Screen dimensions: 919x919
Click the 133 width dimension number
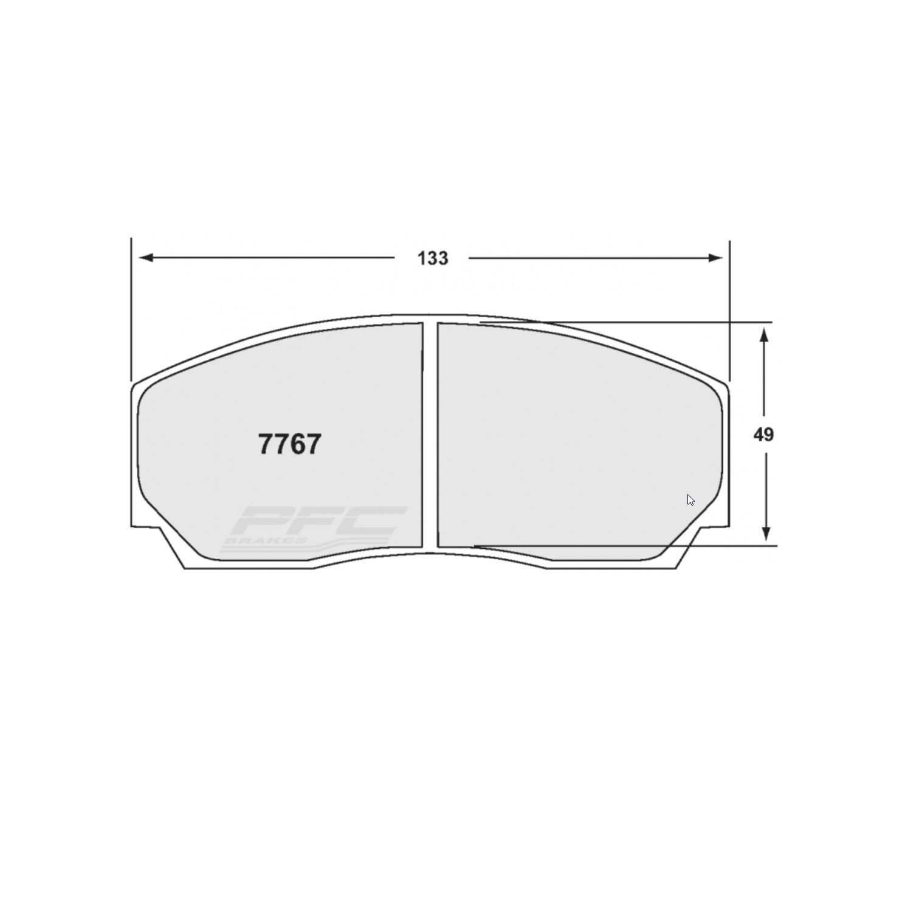click(432, 258)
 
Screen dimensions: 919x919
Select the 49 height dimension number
click(763, 435)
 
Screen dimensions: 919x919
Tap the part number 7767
click(289, 444)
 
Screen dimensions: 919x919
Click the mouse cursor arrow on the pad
click(690, 500)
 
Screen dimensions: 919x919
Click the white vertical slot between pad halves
click(430, 435)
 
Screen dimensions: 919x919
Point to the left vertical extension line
click(131, 304)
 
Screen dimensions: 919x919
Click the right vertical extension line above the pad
click(729, 304)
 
